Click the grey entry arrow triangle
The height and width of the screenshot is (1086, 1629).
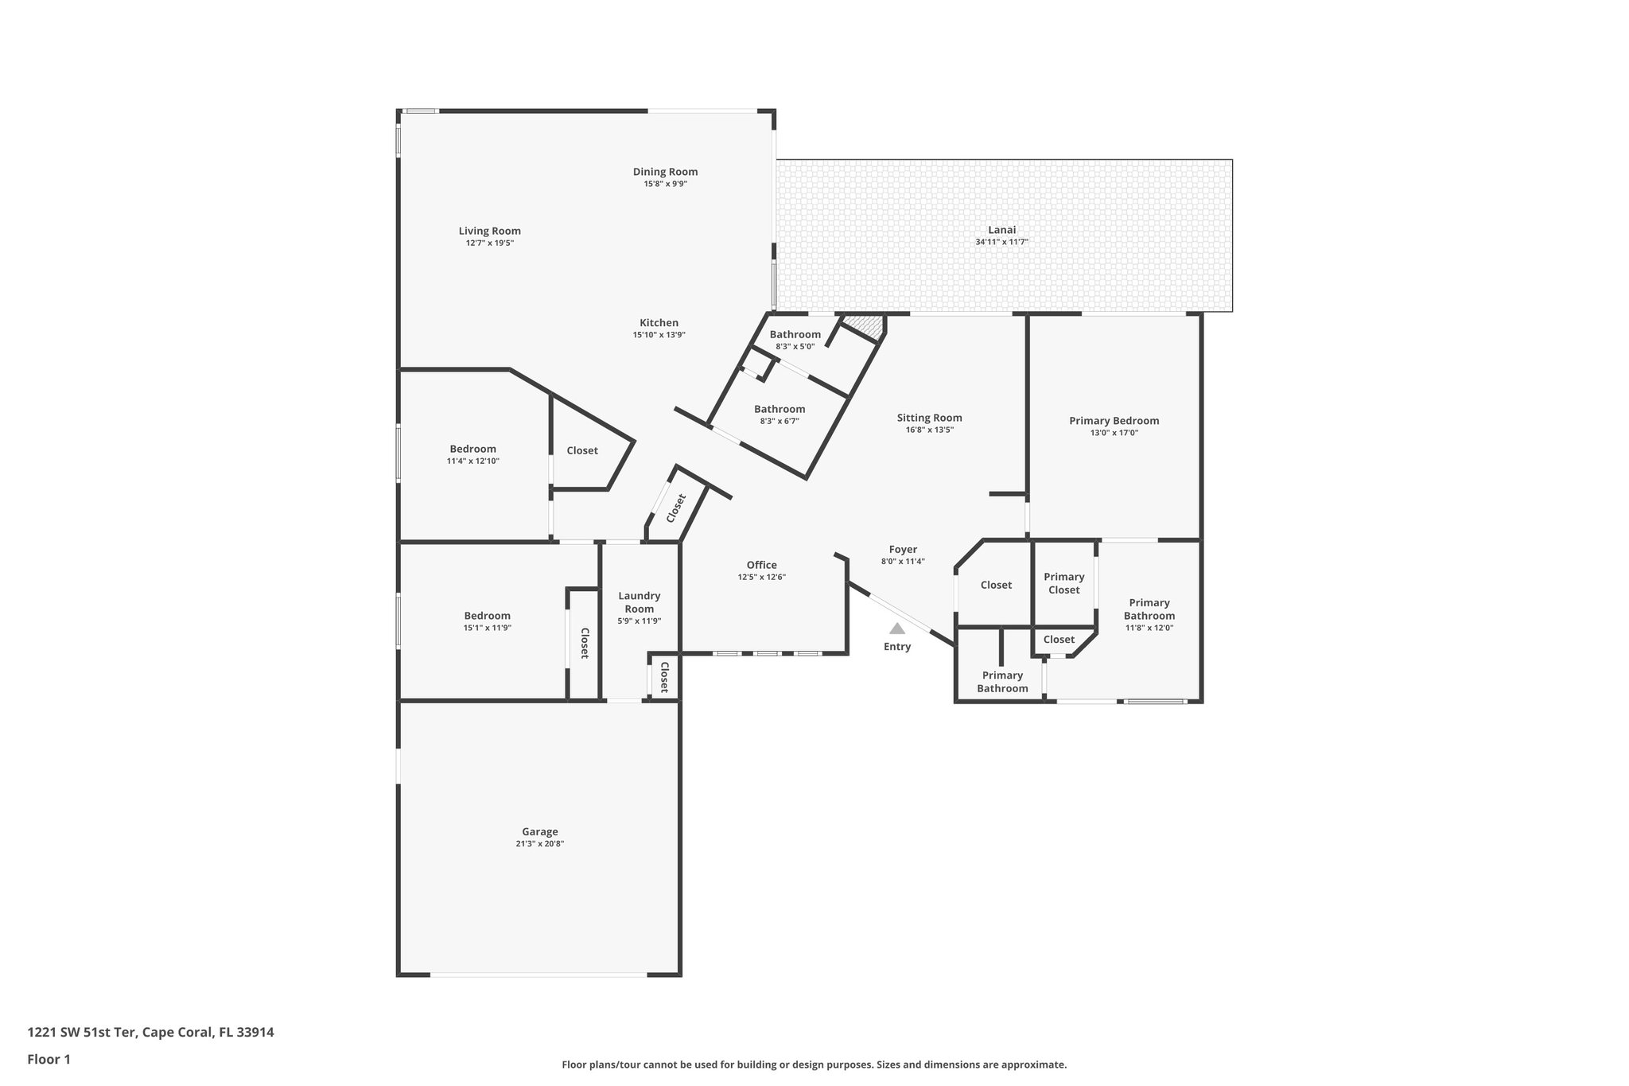coord(896,629)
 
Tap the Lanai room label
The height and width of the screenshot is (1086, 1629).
coord(1001,230)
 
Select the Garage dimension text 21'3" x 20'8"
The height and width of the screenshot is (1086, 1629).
coord(539,844)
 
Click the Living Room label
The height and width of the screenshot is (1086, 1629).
coord(489,231)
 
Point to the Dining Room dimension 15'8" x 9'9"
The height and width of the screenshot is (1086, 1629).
coord(665,184)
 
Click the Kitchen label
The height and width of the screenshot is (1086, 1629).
coord(659,322)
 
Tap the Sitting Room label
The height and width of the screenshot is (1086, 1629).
coord(929,418)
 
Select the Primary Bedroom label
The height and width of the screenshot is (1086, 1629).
coord(1114,421)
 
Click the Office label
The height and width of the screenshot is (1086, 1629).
coord(761,565)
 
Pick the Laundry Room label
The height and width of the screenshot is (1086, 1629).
coord(639,602)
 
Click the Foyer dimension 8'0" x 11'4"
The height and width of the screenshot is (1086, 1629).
coord(903,562)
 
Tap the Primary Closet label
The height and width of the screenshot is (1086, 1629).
coord(1063,583)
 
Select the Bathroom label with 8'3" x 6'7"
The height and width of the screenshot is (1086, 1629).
coord(780,409)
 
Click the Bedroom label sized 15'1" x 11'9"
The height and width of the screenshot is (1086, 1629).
coord(487,616)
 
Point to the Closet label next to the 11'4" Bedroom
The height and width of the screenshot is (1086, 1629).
coord(581,450)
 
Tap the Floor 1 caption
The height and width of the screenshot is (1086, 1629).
coord(49,1059)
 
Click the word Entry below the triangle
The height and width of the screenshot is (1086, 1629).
coord(896,647)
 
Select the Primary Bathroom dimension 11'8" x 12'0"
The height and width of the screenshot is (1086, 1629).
coord(1149,628)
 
